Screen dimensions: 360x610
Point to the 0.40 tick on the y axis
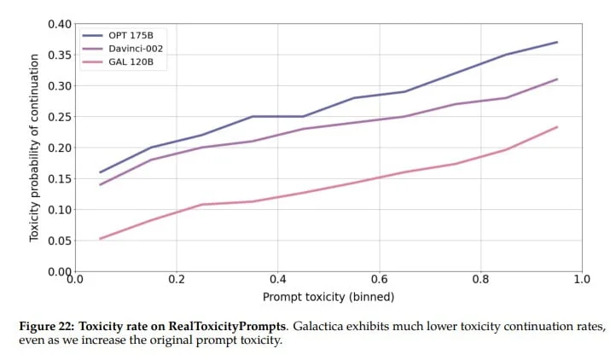pyautogui.click(x=60, y=24)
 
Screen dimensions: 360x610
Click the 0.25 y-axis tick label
pyautogui.click(x=60, y=117)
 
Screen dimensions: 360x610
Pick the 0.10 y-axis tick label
pyautogui.click(x=60, y=210)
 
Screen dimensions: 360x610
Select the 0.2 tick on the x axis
pyautogui.click(x=177, y=279)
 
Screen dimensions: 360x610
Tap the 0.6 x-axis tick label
pyautogui.click(x=380, y=279)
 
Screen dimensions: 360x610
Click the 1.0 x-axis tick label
pyautogui.click(x=582, y=279)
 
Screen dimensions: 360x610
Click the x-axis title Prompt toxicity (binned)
pyautogui.click(x=328, y=296)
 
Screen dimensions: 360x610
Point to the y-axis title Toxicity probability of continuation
pyautogui.click(x=35, y=148)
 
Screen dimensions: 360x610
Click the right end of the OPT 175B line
pyautogui.click(x=557, y=42)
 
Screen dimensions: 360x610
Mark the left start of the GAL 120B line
pyautogui.click(x=101, y=239)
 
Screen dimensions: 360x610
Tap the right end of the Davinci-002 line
pyautogui.click(x=557, y=79)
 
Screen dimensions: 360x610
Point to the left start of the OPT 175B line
pyautogui.click(x=101, y=172)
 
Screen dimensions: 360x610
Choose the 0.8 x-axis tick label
pyautogui.click(x=481, y=279)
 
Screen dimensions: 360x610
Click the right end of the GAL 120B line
pyautogui.click(x=557, y=127)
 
